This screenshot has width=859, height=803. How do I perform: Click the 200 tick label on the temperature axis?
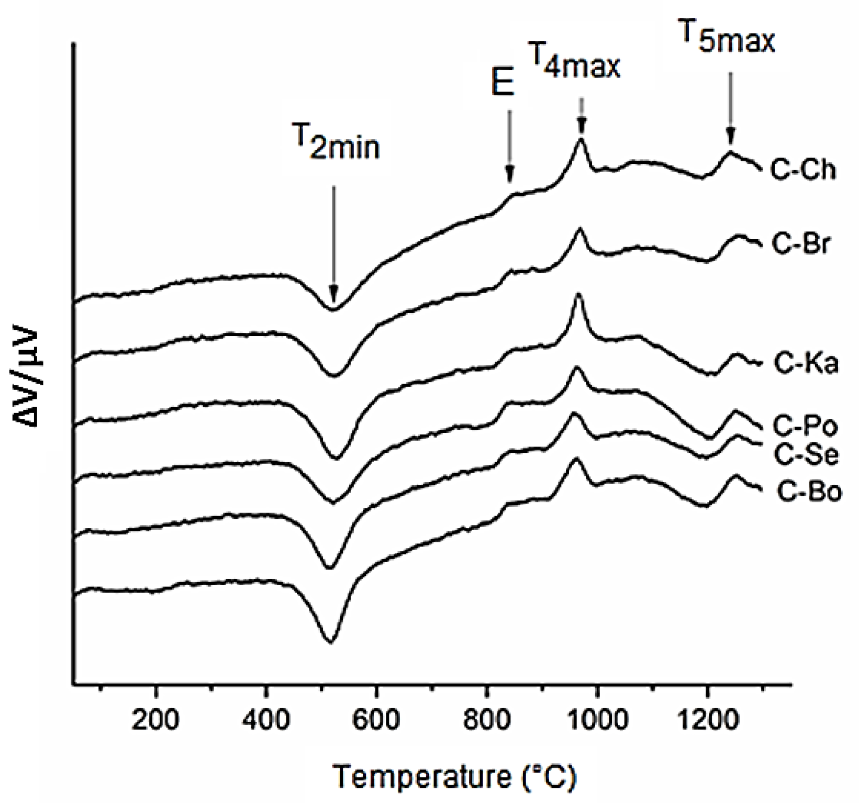pyautogui.click(x=155, y=721)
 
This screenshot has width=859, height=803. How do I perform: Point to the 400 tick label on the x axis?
pyautogui.click(x=265, y=721)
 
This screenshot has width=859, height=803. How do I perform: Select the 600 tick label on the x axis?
pyautogui.click(x=376, y=721)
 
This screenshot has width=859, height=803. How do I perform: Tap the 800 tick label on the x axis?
pyautogui.click(x=486, y=721)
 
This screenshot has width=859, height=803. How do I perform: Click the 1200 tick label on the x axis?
pyautogui.click(x=707, y=721)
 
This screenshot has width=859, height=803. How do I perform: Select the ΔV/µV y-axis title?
pyautogui.click(x=25, y=378)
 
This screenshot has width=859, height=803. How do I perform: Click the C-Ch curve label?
pyautogui.click(x=803, y=171)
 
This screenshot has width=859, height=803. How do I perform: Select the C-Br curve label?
pyautogui.click(x=801, y=244)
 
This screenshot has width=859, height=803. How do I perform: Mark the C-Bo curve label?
pyautogui.click(x=809, y=492)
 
